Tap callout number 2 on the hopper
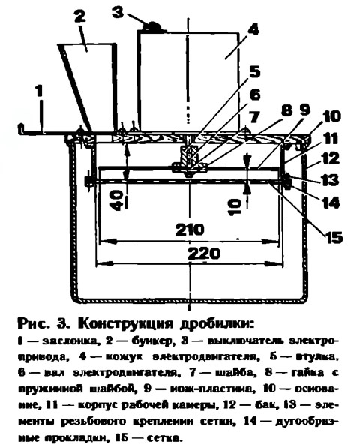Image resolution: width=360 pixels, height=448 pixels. (79, 17)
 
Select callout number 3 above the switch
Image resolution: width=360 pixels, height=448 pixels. (118, 13)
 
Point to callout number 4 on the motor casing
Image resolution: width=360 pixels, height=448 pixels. (252, 30)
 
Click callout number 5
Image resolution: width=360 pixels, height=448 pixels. (253, 72)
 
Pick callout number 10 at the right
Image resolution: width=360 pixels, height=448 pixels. (332, 117)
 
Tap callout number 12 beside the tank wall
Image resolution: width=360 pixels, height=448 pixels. (331, 158)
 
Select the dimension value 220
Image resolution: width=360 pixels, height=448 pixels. (204, 254)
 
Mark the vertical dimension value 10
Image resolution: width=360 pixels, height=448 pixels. (235, 206)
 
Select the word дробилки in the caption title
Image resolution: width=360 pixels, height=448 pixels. (217, 324)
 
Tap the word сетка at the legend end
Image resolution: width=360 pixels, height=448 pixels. (163, 437)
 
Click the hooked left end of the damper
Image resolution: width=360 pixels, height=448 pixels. (20, 128)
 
